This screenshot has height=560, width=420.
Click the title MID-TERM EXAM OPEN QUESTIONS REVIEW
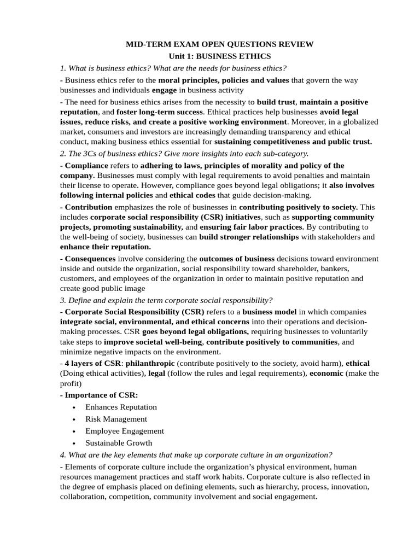point(220,44)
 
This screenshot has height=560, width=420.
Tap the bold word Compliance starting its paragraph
point(86,165)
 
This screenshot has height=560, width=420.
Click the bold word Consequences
point(90,258)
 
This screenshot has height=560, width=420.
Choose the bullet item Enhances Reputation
point(121,407)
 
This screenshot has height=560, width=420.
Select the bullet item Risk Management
point(116,419)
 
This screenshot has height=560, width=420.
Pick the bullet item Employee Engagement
point(125,431)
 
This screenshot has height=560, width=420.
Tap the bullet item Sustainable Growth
point(119,443)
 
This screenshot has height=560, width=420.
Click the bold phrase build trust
point(276,102)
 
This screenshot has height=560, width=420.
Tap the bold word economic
point(326,373)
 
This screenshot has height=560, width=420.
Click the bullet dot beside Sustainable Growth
point(74,444)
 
